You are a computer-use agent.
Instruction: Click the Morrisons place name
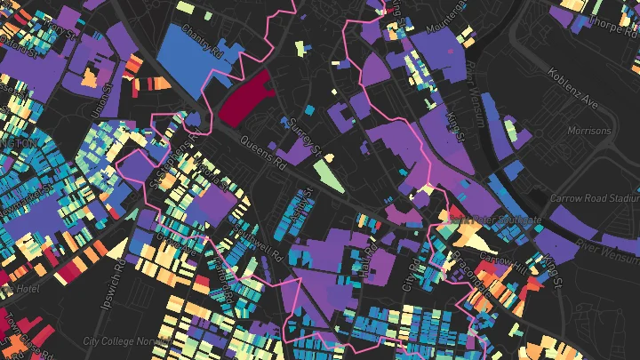[x=588, y=132]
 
